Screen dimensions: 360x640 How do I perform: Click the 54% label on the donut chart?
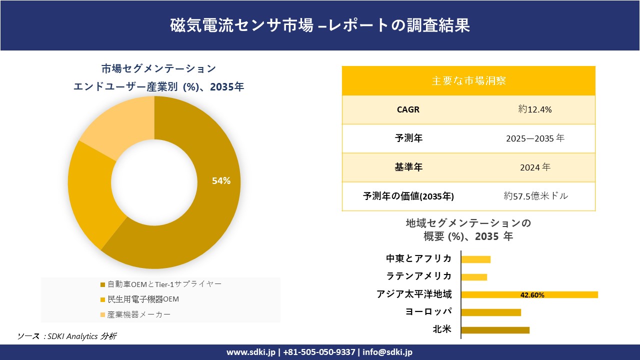(x=221, y=181)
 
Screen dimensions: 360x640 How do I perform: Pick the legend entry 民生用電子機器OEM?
(x=143, y=299)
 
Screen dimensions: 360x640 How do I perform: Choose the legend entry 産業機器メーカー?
(x=138, y=314)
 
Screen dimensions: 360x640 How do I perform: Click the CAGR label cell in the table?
(x=408, y=109)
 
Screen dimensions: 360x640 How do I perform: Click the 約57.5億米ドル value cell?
(x=535, y=196)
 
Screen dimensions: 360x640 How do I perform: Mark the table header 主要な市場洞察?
(x=468, y=80)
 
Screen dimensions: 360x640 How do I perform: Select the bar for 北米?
(x=495, y=330)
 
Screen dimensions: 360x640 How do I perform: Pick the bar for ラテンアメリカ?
(x=474, y=277)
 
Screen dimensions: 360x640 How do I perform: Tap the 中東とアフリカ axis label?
(x=419, y=258)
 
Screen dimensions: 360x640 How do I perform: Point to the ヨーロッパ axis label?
(x=428, y=311)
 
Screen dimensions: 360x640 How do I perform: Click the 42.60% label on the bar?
(x=532, y=295)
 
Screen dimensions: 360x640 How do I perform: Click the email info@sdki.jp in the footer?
(x=388, y=352)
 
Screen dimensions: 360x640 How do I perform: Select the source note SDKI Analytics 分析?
(x=80, y=336)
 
